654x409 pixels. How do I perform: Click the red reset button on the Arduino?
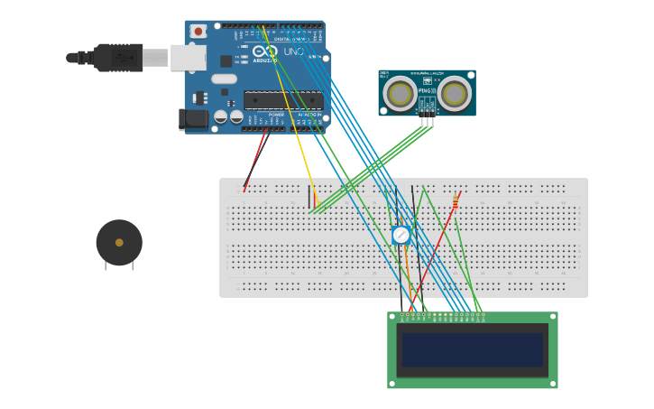tap(197, 31)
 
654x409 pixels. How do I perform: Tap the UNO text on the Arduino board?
tap(294, 52)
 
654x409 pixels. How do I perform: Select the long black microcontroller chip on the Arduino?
tap(282, 99)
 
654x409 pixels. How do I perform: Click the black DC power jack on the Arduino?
tap(193, 118)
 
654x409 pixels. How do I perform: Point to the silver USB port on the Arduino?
tap(189, 58)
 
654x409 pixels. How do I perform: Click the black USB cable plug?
tap(118, 57)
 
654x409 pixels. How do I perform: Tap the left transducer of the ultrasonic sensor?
tap(401, 92)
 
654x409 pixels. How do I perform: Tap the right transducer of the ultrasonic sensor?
tap(455, 92)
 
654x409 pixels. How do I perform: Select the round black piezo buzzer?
tap(119, 243)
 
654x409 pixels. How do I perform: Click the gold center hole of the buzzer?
tap(119, 242)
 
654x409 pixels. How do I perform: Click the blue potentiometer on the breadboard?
tap(401, 235)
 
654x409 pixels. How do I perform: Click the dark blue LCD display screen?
tap(473, 349)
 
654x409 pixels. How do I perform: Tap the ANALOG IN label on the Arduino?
tap(307, 115)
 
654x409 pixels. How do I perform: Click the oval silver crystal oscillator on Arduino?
tap(225, 79)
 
